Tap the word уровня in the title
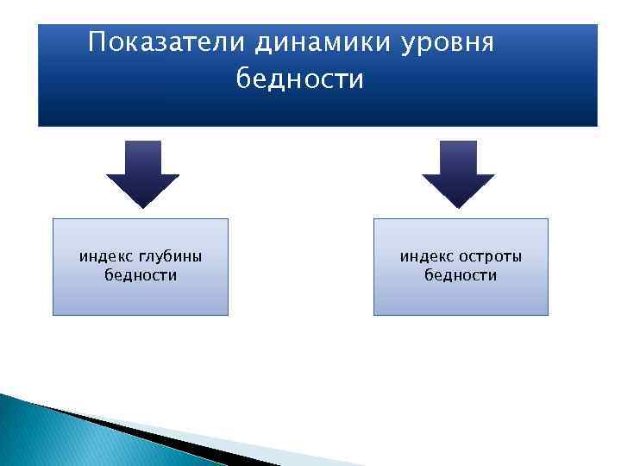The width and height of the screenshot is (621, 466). pos(448,42)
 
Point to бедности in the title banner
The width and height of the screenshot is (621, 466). pos(300,79)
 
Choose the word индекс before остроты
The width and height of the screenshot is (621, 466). pos(426,256)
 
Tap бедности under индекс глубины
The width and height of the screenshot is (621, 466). pos(141,275)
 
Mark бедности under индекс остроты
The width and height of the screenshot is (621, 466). pos(461,275)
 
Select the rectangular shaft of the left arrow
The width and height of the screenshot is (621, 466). pos(142,157)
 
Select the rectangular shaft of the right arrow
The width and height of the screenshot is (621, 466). pos(458,157)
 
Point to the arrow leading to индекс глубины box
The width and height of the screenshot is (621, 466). pos(142,177)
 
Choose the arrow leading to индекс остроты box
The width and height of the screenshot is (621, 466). pos(458,177)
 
